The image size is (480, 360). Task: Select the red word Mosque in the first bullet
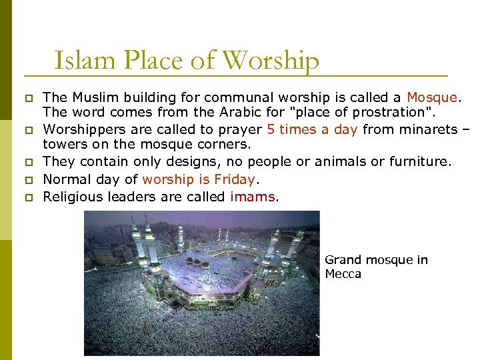point(432,98)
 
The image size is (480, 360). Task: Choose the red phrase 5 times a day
point(312,129)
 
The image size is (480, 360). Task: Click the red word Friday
point(235,179)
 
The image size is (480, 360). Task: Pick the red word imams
point(251,196)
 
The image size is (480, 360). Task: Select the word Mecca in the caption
point(343,274)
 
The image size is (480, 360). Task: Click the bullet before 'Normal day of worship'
point(28,179)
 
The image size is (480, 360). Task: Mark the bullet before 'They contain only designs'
point(28,162)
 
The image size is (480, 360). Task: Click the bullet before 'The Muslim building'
point(28,99)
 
